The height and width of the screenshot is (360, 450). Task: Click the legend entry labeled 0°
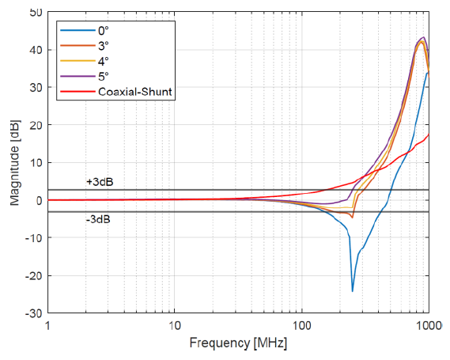point(104,31)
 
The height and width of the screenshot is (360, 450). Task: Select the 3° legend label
point(104,46)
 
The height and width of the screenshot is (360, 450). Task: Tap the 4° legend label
point(104,61)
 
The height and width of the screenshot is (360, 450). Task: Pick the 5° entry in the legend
point(104,77)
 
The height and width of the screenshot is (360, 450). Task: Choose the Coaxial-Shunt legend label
point(135,92)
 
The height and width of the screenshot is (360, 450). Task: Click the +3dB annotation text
point(100,182)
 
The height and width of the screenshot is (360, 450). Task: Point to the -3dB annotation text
point(98,220)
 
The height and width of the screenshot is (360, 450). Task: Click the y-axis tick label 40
point(36,50)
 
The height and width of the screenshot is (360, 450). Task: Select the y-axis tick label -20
point(34,275)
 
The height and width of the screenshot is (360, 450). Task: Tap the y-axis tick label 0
point(40,200)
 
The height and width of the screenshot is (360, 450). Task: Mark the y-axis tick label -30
point(34,313)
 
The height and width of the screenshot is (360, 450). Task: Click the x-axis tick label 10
point(175,326)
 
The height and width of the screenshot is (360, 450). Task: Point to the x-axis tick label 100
point(302,326)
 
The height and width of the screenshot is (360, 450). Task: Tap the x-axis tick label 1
point(47,326)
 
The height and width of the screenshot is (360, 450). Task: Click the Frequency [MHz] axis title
point(238,343)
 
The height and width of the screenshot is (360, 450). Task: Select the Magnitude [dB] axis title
point(15,162)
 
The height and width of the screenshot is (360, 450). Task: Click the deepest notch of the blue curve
point(353,291)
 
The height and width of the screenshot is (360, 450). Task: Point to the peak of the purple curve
point(423,37)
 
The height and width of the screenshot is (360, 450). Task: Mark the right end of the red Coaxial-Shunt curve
point(429,135)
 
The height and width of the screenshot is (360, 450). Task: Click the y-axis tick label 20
point(36,125)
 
